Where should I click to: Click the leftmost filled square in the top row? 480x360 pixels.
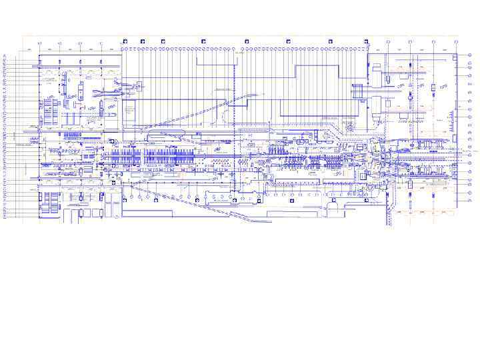pyautogui.click(x=124, y=41)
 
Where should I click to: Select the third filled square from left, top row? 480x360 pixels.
pyautogui.click(x=203, y=41)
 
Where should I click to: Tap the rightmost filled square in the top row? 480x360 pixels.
pyautogui.click(x=366, y=41)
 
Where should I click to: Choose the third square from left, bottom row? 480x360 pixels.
pyautogui.click(x=189, y=199)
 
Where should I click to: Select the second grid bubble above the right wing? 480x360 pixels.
pyautogui.click(x=410, y=42)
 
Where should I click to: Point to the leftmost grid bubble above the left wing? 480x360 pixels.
pyautogui.click(x=39, y=43)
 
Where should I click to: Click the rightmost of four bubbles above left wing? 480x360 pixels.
pyautogui.click(x=100, y=43)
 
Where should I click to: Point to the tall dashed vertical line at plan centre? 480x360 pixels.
pyautogui.click(x=235, y=120)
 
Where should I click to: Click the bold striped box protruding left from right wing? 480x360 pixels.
pyautogui.click(x=359, y=87)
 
